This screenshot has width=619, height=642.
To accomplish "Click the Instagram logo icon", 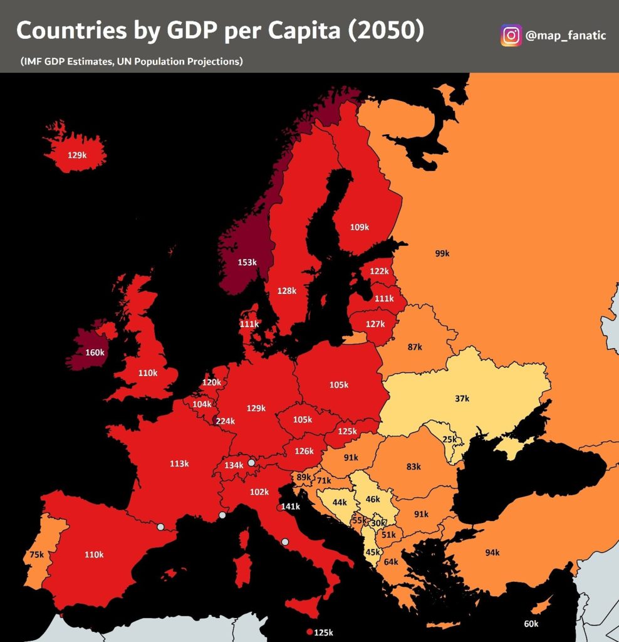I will coord(511,35).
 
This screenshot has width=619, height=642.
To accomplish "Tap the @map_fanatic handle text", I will coord(566,36).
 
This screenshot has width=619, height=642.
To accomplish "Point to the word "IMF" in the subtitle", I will coord(33,61).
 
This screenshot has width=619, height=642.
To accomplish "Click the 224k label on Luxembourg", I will coord(225,421).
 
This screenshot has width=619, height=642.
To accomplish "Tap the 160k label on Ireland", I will coord(95,352).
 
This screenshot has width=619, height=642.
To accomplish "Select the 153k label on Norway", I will coord(247,262).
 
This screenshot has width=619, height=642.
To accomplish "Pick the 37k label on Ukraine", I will coord(462,398).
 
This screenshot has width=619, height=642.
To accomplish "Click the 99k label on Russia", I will coord(442,253).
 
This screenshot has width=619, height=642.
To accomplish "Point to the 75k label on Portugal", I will coord(36,554).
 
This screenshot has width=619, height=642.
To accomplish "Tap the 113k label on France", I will coord(179,464).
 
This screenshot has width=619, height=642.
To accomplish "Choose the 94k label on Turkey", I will coord(492,552).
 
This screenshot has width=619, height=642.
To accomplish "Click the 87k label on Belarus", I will coord(414,347).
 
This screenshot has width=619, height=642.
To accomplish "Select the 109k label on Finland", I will coord(360,227).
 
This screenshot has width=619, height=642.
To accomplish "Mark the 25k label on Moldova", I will coord(449,439).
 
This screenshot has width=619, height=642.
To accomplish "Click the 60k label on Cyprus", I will coord(531,624).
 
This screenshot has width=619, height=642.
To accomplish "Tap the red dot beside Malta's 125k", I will coord(309,632).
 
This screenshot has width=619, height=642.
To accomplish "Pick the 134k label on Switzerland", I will coord(234,465).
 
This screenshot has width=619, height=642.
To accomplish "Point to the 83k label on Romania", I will coord(414,466).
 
